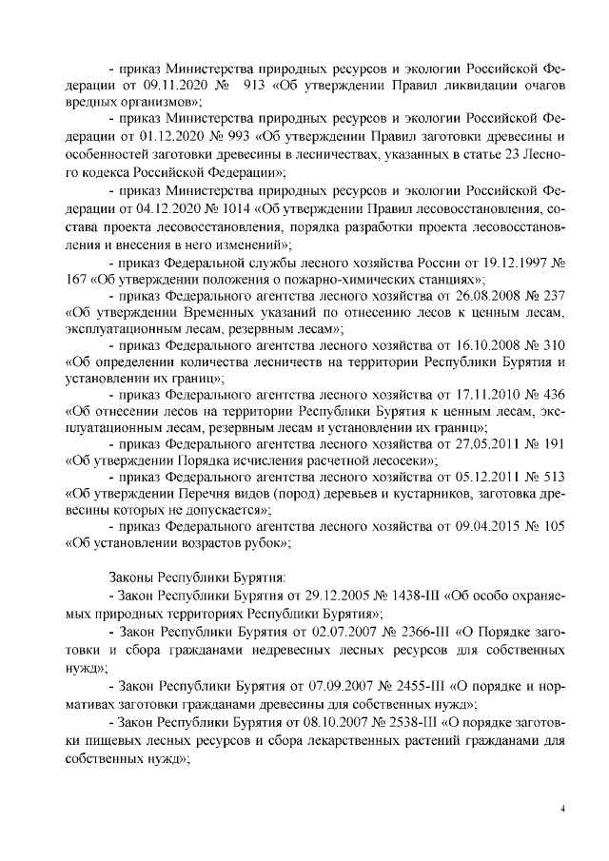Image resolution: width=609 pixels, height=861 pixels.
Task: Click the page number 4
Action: pyautogui.click(x=562, y=810)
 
